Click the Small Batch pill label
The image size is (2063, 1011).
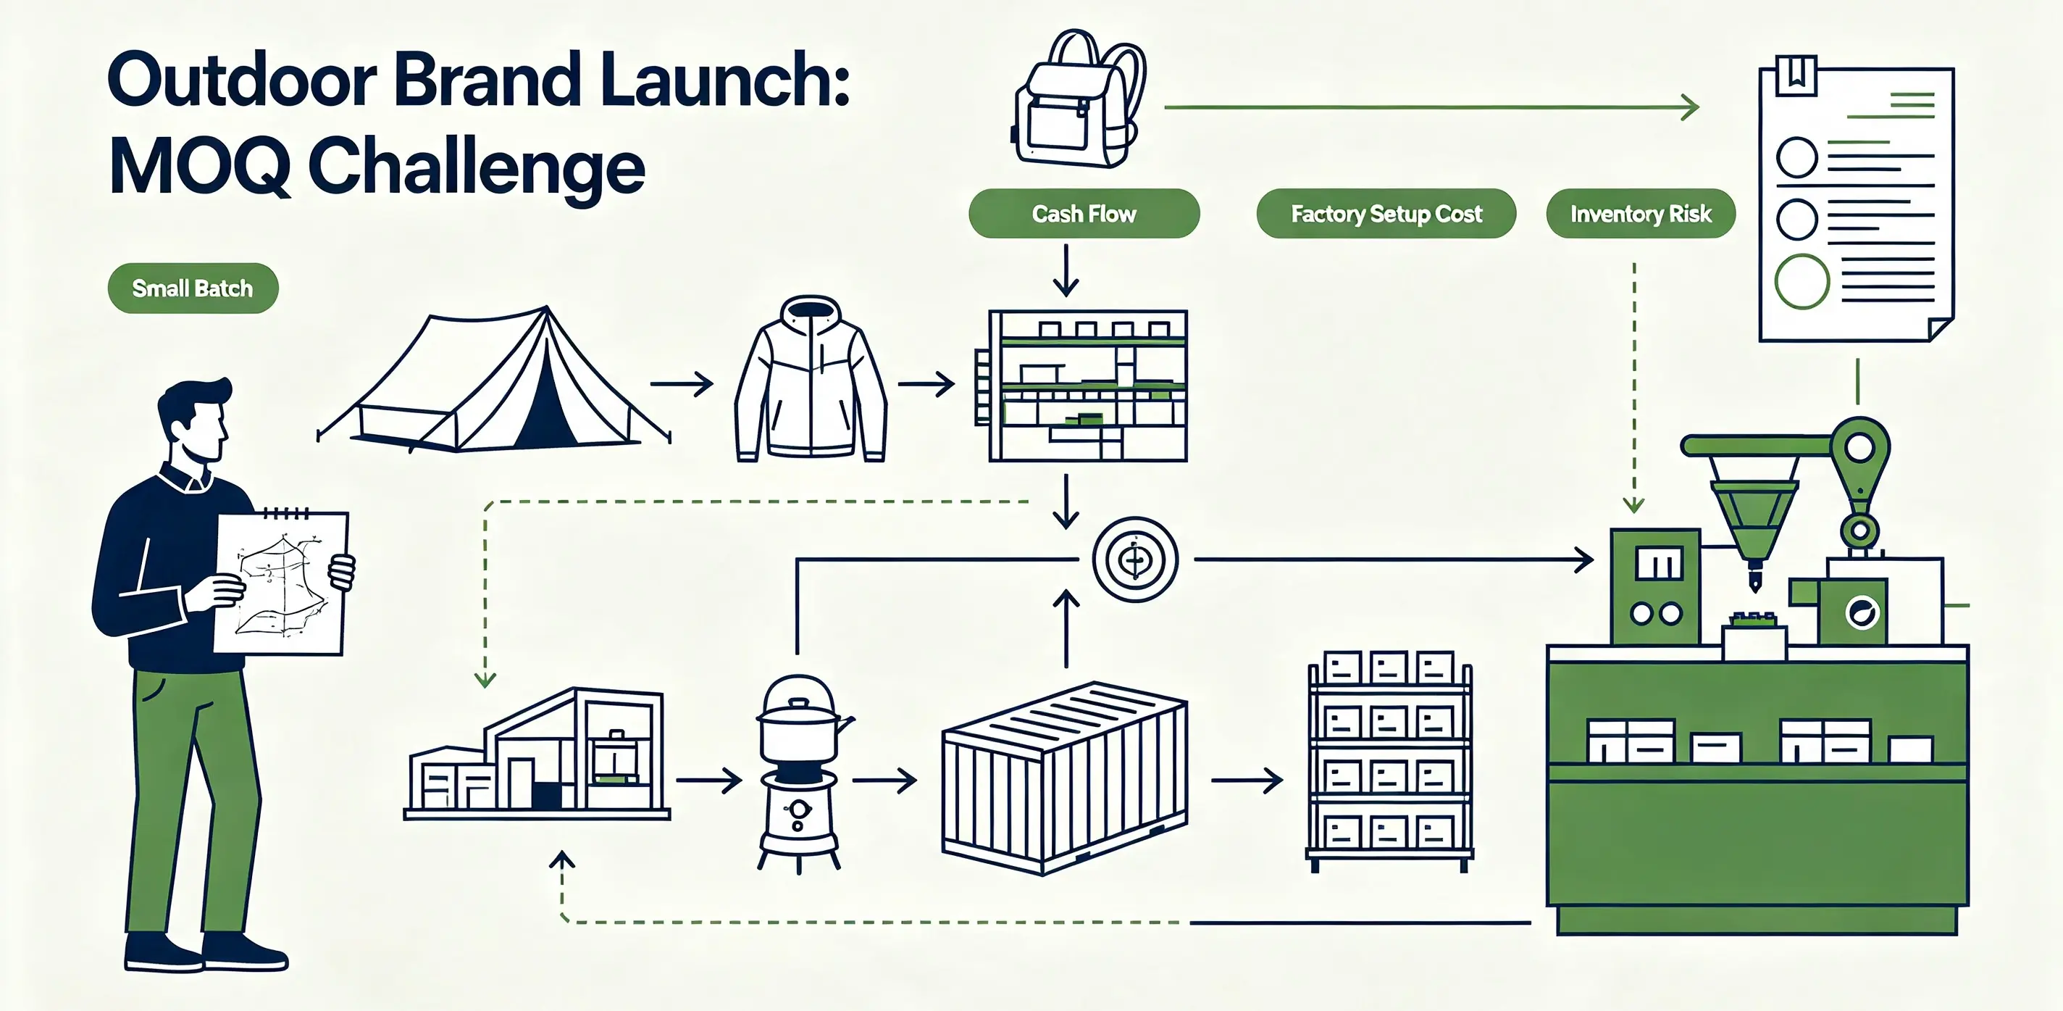pos(193,288)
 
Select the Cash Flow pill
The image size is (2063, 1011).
pos(1084,213)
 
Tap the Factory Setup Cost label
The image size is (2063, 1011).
pos(1386,213)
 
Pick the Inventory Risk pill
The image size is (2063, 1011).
pos(1640,213)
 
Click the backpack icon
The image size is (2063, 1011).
pos(1079,98)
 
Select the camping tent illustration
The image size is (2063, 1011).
pos(493,378)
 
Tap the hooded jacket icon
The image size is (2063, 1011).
pos(811,378)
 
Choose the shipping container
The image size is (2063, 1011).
pos(1064,778)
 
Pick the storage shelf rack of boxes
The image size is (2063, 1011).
pos(1389,760)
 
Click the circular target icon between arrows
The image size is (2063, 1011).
pos(1135,559)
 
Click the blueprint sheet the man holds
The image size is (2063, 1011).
pos(281,583)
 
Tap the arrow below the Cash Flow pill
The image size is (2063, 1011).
pos(1065,270)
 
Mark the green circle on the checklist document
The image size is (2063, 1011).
pos(1802,281)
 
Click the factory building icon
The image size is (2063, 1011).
pos(537,753)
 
